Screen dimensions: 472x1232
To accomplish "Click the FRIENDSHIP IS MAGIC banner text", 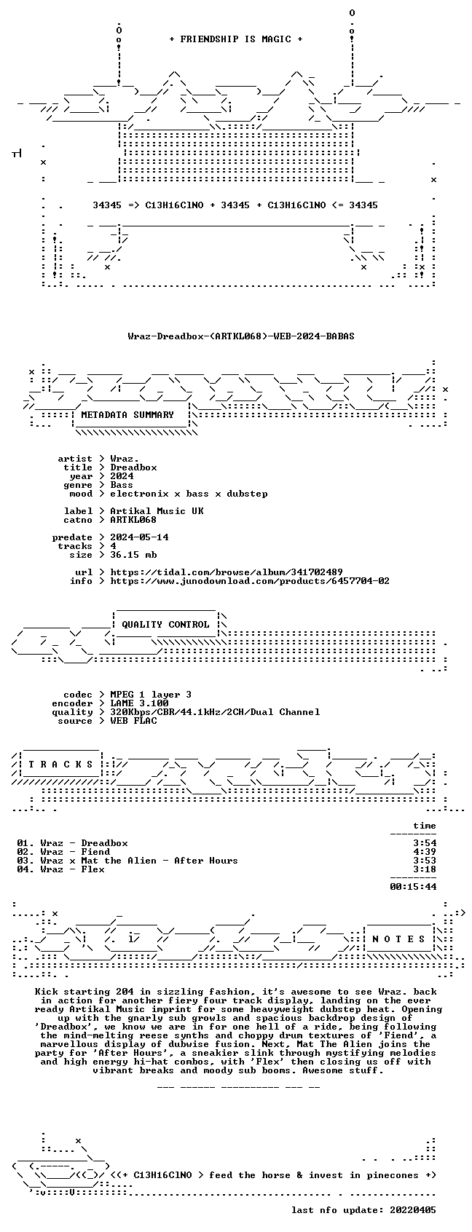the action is (236, 39).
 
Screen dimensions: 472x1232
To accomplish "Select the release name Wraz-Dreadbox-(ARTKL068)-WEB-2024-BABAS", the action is (241, 336).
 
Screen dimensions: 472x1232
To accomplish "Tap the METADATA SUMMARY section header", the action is (127, 415).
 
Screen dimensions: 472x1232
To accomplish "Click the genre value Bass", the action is (122, 485).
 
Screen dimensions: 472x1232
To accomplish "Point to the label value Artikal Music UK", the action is (157, 511).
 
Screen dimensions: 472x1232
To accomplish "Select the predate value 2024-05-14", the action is (139, 537).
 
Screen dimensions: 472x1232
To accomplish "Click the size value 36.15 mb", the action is (133, 555).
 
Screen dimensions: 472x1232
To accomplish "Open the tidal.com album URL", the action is (226, 572).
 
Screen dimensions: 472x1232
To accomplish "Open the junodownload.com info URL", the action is (250, 581).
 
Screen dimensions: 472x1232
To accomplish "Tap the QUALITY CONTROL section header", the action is (165, 625).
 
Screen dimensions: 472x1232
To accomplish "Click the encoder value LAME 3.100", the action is (139, 703).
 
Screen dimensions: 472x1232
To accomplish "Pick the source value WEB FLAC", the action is (133, 721).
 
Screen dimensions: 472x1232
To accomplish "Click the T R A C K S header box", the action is (60, 765).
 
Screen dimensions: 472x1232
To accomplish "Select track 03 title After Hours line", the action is (127, 861).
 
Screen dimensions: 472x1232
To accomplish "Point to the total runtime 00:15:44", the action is (413, 887).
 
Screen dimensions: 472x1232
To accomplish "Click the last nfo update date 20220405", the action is (413, 1210).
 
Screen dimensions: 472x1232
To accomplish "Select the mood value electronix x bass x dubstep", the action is (189, 494).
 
